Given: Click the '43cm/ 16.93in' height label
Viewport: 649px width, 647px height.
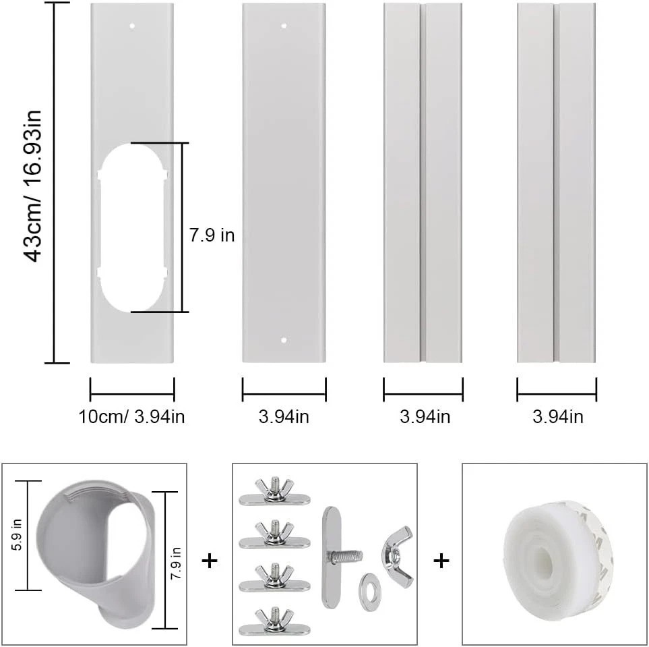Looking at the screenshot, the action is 32,186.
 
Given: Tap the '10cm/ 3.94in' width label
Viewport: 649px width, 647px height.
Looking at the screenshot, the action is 131,416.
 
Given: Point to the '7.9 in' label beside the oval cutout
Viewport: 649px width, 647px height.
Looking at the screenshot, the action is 212,235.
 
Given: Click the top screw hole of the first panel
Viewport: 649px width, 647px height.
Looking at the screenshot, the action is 132,26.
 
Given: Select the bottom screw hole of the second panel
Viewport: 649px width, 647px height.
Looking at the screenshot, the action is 284,340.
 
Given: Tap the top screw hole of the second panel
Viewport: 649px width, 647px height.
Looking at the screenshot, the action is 284,26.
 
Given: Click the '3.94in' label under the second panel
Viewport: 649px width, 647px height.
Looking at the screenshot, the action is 284,416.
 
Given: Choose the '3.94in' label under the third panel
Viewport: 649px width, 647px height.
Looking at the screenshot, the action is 425,416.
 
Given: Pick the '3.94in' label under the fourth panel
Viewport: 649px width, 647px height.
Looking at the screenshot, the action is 557,416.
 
